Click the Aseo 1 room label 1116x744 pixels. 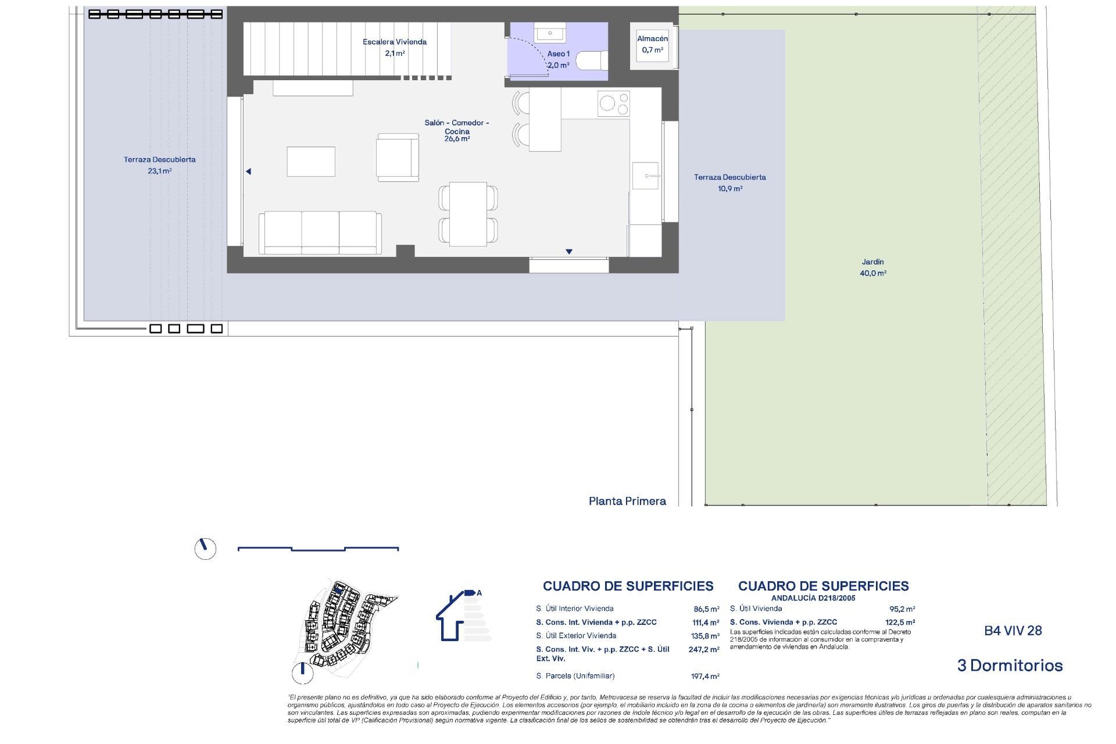[558, 59]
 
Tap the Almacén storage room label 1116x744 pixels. [652, 44]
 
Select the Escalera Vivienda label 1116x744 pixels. [395, 47]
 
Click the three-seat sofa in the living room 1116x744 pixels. [320, 233]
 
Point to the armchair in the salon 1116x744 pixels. [398, 158]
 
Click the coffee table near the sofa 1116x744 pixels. [310, 162]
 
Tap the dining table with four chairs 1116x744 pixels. [468, 213]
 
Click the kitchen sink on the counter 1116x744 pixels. [645, 176]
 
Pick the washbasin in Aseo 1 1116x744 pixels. [549, 34]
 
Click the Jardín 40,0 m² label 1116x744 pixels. [873, 267]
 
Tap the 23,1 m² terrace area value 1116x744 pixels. [159, 171]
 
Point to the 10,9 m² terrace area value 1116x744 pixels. [730, 189]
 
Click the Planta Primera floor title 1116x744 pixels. [627, 501]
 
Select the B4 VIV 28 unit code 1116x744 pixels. [1013, 631]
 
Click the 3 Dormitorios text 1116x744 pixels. [1010, 666]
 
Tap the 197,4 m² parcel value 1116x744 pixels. [706, 677]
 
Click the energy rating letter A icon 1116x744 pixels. [479, 593]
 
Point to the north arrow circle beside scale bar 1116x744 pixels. [205, 548]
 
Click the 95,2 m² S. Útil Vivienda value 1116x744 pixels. [902, 609]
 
